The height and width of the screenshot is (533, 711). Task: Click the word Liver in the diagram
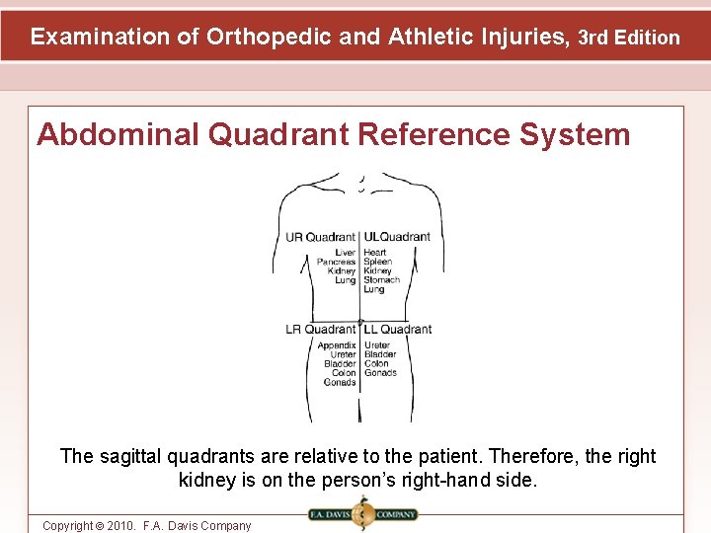[x=345, y=253]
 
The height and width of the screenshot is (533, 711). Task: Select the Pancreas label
[x=336, y=262]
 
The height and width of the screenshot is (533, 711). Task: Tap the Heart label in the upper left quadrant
[x=374, y=253]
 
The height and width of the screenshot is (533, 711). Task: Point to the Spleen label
[x=377, y=262]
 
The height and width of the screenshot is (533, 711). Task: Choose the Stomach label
[x=381, y=280]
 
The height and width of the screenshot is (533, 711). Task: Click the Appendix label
[x=337, y=345]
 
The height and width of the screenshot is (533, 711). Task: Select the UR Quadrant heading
[x=320, y=237]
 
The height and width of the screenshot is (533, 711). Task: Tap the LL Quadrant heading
[x=398, y=329]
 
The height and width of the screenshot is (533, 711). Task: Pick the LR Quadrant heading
[x=320, y=329]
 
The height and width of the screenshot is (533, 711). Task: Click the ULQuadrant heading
[x=397, y=237]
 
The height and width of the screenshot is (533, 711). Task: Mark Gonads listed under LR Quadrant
[x=340, y=382]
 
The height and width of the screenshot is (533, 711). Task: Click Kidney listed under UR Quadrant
[x=342, y=270]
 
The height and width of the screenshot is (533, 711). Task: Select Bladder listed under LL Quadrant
[x=380, y=354]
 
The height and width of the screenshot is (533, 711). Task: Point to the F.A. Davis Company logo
[x=362, y=514]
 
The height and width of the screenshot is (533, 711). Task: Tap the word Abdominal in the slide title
[x=118, y=134]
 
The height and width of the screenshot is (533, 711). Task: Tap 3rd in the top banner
[x=593, y=38]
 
